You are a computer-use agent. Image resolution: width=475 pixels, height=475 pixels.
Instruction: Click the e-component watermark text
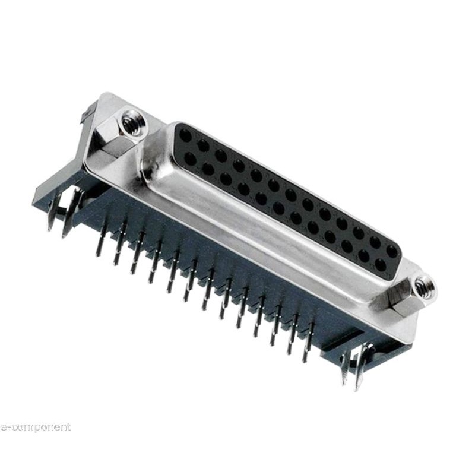click(x=36, y=427)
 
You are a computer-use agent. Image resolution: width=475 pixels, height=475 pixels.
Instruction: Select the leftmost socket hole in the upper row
click(x=185, y=136)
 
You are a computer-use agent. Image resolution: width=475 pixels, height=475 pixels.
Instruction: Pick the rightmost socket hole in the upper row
click(x=392, y=251)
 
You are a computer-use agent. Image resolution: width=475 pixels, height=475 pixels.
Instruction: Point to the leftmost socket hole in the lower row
click(x=190, y=159)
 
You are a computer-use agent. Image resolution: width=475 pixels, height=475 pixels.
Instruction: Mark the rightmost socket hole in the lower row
click(x=380, y=264)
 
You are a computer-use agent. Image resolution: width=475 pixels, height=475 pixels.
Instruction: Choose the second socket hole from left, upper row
click(x=203, y=145)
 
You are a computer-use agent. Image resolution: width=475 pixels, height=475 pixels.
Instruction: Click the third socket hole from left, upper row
click(x=221, y=155)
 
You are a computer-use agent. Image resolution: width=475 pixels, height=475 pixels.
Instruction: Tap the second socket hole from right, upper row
click(x=375, y=242)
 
